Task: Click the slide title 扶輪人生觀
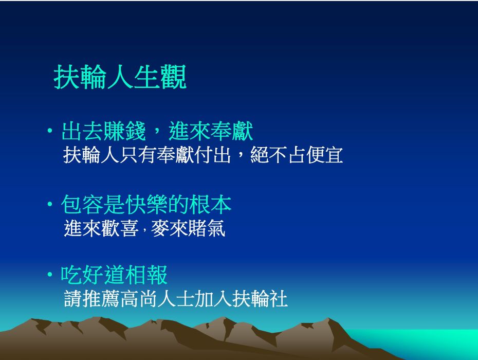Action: [x=120, y=77]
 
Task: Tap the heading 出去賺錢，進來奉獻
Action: [x=157, y=131]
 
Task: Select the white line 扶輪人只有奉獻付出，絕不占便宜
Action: [x=203, y=155]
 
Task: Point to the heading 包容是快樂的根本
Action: [x=146, y=204]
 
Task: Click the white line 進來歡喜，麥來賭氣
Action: [x=144, y=228]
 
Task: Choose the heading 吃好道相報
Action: [x=114, y=275]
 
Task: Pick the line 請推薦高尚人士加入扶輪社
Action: [x=176, y=298]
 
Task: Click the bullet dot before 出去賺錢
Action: [x=50, y=131]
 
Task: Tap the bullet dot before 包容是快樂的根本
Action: [x=50, y=204]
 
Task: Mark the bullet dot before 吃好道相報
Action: [x=50, y=275]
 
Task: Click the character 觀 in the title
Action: [x=173, y=77]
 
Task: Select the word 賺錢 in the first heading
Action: [x=125, y=131]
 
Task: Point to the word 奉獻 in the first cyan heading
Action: [x=232, y=131]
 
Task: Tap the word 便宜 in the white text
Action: [x=325, y=155]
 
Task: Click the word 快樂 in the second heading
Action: [x=146, y=204]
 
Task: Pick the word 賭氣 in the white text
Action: [x=207, y=228]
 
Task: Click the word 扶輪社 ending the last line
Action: [x=260, y=298]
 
